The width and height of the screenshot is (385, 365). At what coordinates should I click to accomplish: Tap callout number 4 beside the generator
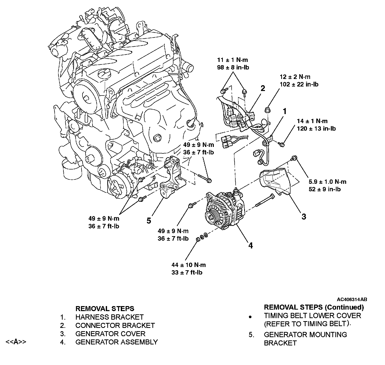pos(250,246)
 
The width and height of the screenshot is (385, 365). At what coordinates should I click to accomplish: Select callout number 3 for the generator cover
pos(304,216)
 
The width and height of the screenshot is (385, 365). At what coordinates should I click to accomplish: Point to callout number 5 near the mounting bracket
pos(149,221)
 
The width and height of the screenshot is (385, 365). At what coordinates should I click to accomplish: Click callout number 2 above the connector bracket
pos(263,88)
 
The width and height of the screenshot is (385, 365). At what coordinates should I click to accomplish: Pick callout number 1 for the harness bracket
pos(284,111)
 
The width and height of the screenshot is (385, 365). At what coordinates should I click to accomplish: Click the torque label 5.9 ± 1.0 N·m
pos(327,182)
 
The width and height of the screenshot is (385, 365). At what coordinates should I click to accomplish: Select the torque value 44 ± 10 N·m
pos(188,265)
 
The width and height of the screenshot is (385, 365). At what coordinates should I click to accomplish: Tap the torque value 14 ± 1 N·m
pos(312,121)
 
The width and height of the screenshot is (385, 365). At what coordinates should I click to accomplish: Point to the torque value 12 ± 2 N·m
pos(295,77)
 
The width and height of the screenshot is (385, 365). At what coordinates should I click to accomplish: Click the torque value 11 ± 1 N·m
pos(233,60)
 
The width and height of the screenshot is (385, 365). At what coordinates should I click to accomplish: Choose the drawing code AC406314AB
pos(352,299)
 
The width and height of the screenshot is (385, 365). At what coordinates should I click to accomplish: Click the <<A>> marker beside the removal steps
pos(16,342)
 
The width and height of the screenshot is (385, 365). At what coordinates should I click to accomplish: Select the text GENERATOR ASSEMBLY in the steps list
pos(117,342)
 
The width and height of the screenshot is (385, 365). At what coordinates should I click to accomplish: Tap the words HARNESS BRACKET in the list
pos(110,317)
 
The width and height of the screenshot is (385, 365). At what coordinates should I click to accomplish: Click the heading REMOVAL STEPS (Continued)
pos(314,307)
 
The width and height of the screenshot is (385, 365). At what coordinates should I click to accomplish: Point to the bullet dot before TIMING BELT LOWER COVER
pos(250,317)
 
